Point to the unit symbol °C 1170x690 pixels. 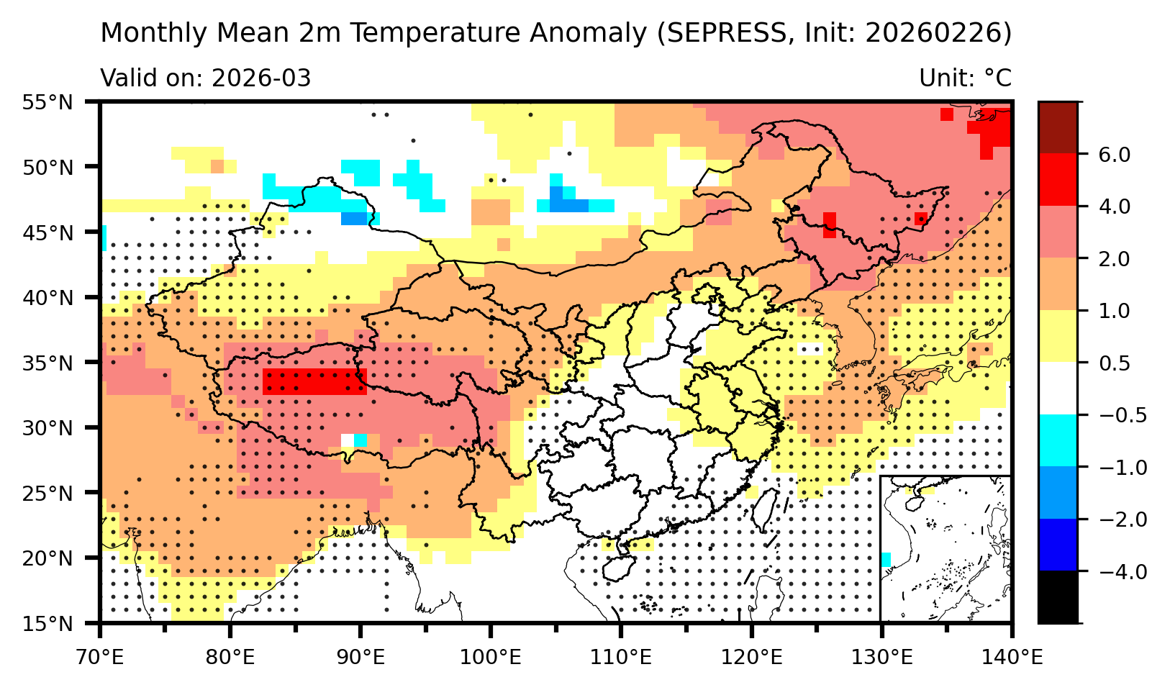997,78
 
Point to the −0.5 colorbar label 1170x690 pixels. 1112,415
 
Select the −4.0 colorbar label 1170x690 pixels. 1112,571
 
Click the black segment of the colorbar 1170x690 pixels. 1058,597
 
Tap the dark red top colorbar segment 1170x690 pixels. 1058,128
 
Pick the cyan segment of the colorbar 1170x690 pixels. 1058,440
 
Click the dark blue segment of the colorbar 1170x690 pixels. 1058,545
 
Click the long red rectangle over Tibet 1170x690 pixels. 315,381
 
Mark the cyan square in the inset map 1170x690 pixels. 886,559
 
